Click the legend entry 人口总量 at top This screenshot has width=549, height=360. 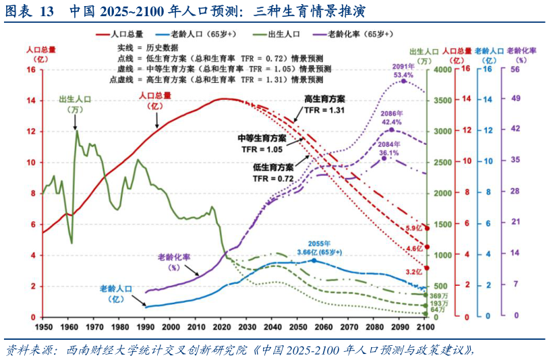pos(128,33)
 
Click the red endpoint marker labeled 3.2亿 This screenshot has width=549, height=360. pos(425,268)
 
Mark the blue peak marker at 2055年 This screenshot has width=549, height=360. pos(314,260)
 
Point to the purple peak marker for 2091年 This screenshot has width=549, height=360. pos(403,80)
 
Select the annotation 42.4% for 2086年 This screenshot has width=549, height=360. pos(391,122)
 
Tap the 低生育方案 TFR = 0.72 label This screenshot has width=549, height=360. pos(272,173)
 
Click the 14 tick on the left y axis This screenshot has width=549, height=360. pos(31,100)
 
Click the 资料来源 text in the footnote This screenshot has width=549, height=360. pos(24,350)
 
